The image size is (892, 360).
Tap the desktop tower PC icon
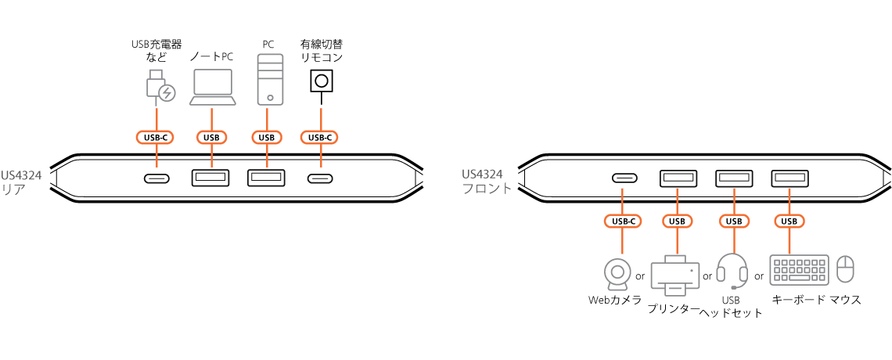[x=270, y=79]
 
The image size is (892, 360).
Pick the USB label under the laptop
[x=211, y=138]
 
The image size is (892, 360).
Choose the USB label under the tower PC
[x=267, y=138]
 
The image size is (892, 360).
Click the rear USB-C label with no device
[x=319, y=138]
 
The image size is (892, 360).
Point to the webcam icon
[x=617, y=273]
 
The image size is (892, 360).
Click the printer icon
[x=676, y=275]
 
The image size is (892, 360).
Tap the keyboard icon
[x=799, y=269]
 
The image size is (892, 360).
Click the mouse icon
[x=845, y=268]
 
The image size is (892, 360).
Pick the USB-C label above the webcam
[x=623, y=221]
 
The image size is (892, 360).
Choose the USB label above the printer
[x=678, y=221]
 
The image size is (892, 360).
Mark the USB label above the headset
[x=733, y=221]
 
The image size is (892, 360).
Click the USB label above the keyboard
[x=789, y=221]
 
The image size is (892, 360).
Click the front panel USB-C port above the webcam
[x=624, y=178]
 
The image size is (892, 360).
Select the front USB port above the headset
[x=734, y=178]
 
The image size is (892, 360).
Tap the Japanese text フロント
[x=487, y=189]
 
